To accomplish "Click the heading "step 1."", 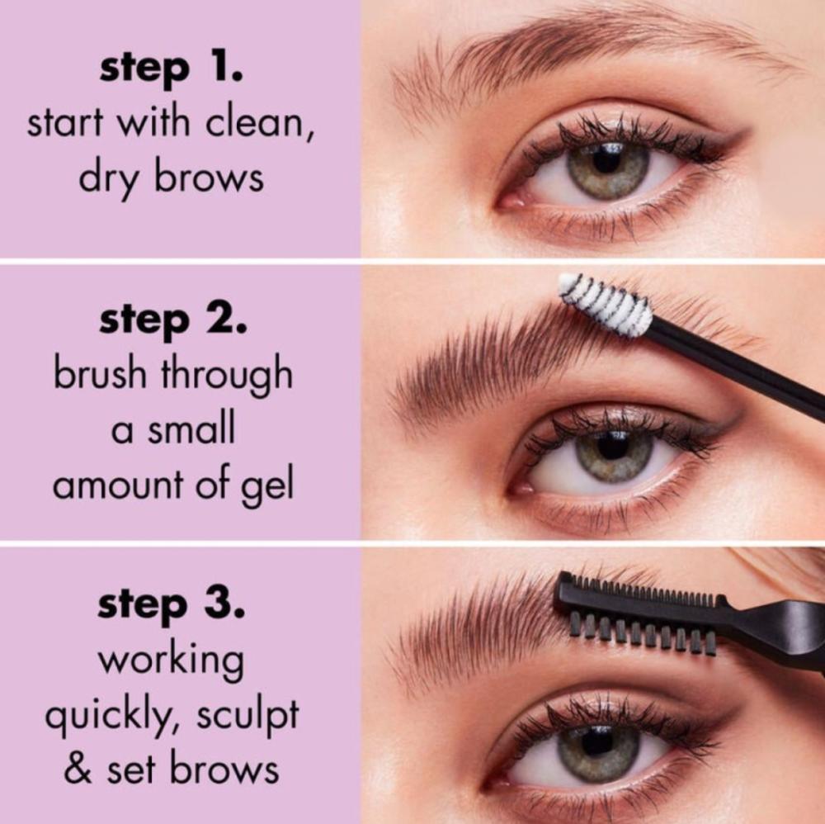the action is [172, 69].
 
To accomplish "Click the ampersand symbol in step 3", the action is [78, 770].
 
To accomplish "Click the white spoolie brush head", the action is [605, 305].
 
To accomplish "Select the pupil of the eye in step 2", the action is [613, 447].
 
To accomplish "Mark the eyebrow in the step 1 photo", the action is [584, 53].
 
